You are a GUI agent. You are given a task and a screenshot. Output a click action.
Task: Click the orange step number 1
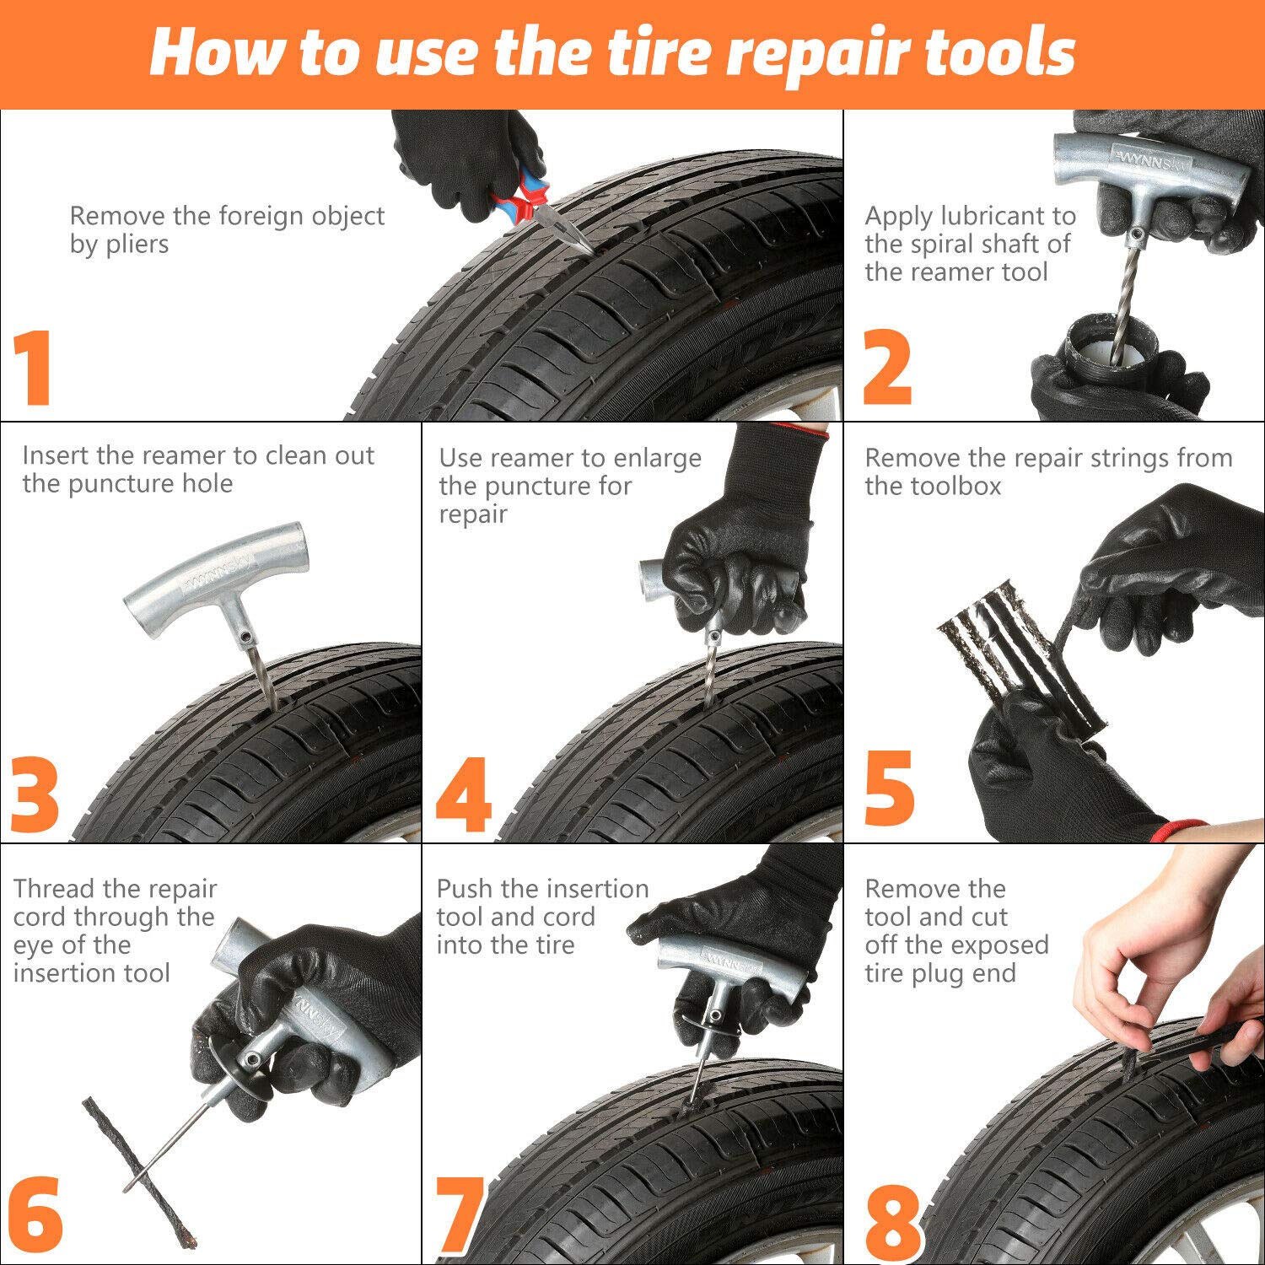[35, 369]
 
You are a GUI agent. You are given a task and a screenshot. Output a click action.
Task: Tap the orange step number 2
[887, 369]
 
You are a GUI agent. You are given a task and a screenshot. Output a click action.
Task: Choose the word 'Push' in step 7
[465, 889]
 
